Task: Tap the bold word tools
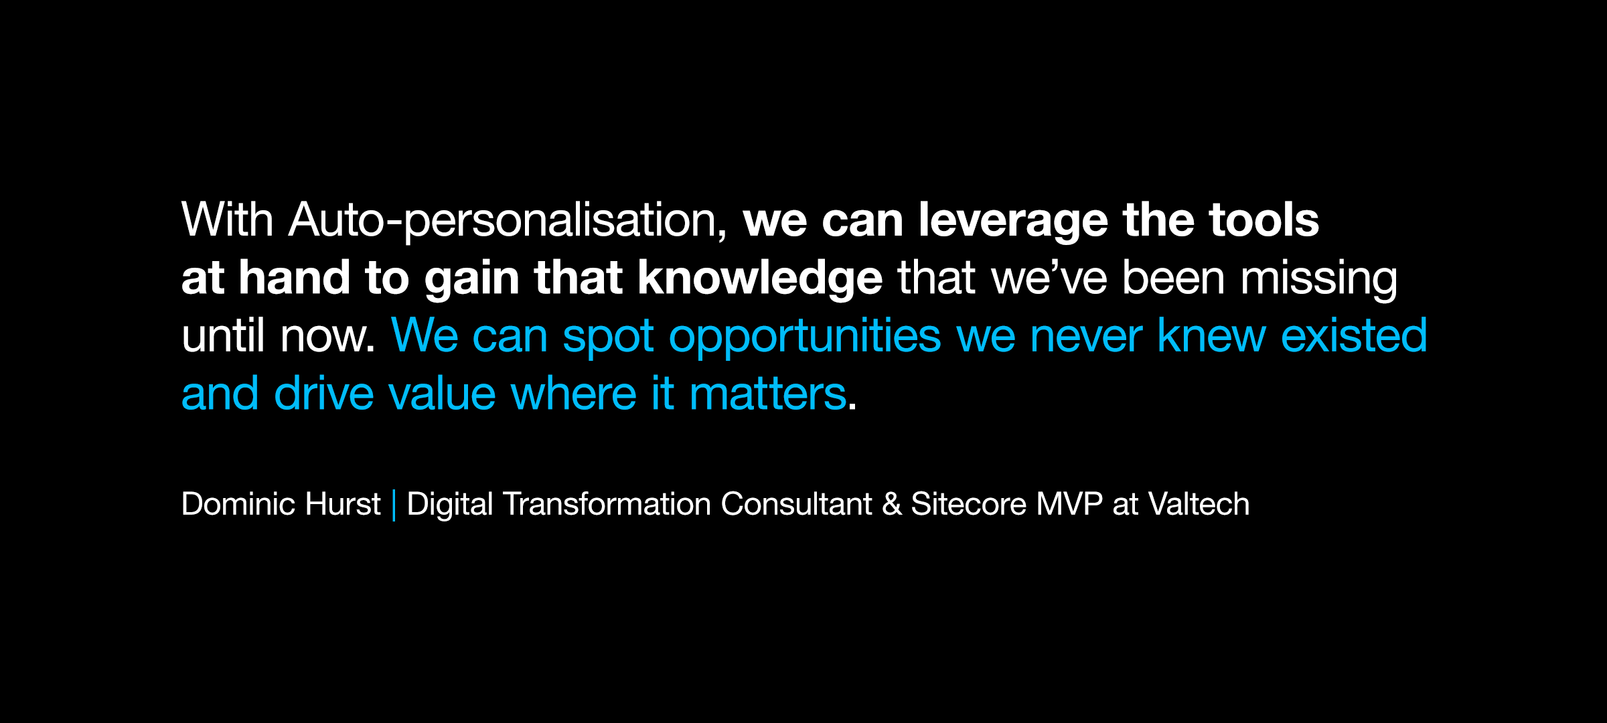[x=1264, y=220]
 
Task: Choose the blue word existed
[x=1354, y=335]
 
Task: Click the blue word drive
[x=323, y=394]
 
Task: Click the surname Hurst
[x=342, y=504]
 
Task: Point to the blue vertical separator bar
[x=394, y=505]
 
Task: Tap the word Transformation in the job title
[x=607, y=504]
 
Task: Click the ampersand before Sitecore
[x=891, y=505]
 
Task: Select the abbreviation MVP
[x=1069, y=504]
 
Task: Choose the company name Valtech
[x=1199, y=504]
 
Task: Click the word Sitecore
[x=968, y=504]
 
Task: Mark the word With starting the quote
[x=228, y=219]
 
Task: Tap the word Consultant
[x=796, y=504]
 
